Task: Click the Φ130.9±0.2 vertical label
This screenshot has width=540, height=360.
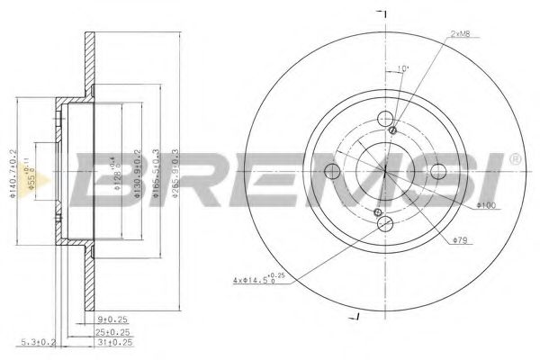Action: coord(136,170)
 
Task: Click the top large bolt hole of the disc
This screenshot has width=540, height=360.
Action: coord(385,119)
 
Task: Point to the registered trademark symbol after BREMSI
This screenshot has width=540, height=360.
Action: coord(514,158)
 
